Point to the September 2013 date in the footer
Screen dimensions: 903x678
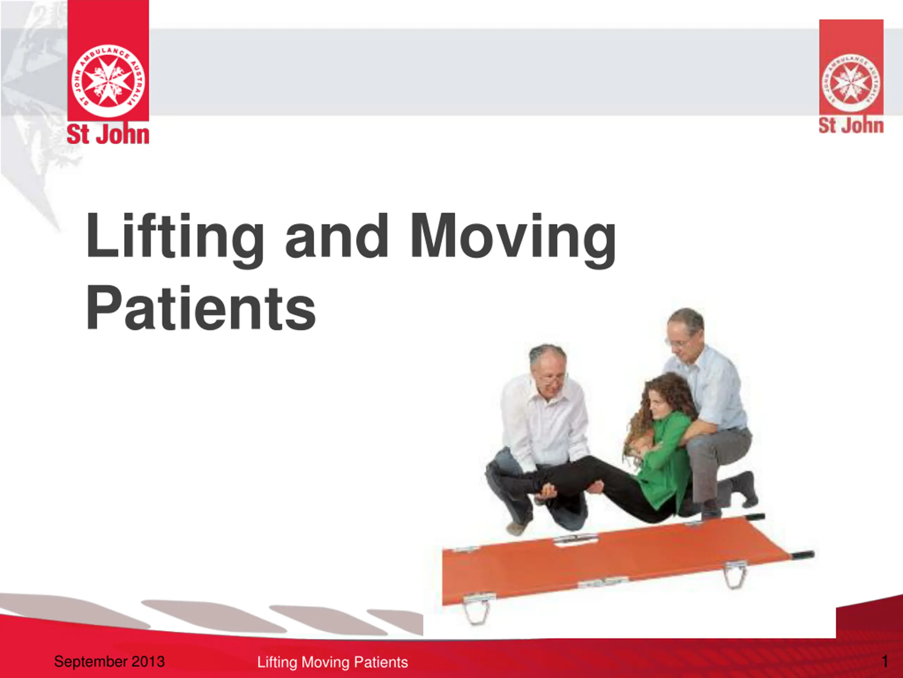pyautogui.click(x=109, y=661)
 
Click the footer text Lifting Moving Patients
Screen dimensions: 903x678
pyautogui.click(x=332, y=662)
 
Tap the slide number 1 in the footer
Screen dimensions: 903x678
pyautogui.click(x=885, y=661)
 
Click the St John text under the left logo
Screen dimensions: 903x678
pyautogui.click(x=108, y=135)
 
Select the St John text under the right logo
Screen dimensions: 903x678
pyautogui.click(x=851, y=125)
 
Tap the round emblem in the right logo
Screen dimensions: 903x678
pyautogui.click(x=851, y=83)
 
